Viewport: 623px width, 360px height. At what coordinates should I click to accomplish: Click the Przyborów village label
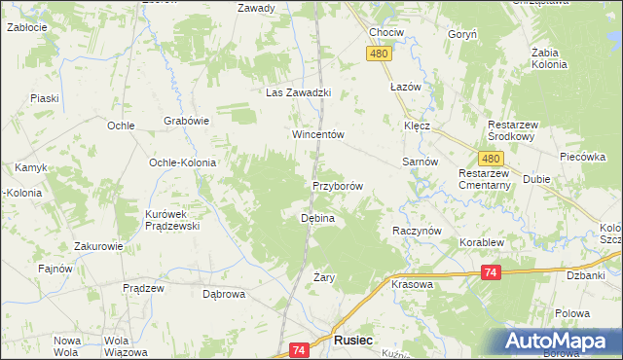(x=338, y=186)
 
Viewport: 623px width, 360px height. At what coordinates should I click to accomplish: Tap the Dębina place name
(x=317, y=219)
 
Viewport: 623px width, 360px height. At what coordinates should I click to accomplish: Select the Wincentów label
(x=319, y=135)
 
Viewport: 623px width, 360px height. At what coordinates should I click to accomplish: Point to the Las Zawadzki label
(x=300, y=93)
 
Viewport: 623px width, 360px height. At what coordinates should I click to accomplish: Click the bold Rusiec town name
(x=351, y=342)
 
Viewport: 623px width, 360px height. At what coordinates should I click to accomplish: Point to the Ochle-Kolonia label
(x=182, y=162)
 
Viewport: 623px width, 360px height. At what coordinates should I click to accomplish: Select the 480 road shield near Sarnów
(x=491, y=159)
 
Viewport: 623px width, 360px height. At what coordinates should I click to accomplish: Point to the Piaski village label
(x=45, y=98)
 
